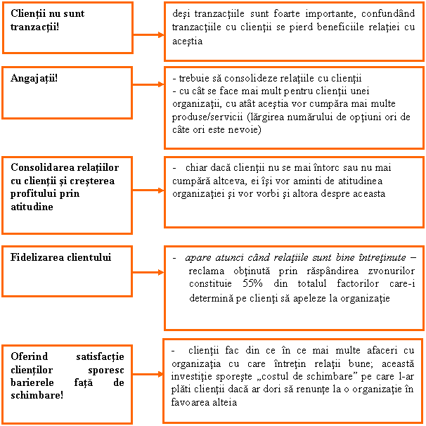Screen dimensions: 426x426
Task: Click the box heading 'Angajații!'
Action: point(34,79)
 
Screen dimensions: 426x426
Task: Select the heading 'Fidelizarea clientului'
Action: point(61,257)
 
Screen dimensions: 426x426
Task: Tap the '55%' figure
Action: point(252,283)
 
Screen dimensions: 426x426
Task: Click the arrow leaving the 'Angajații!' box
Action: point(148,84)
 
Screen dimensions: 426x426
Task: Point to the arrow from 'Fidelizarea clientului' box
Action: point(148,273)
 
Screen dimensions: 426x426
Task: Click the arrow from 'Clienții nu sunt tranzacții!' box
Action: point(148,34)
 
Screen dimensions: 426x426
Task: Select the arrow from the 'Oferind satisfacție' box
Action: point(148,375)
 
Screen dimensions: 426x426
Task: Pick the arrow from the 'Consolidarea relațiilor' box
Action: point(148,191)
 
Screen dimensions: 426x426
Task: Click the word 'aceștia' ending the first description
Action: point(188,41)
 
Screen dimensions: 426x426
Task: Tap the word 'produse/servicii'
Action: point(207,117)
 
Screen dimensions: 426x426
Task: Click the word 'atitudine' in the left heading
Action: point(32,207)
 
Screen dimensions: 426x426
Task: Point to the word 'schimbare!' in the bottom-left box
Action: point(37,395)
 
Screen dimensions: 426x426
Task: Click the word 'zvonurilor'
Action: point(392,271)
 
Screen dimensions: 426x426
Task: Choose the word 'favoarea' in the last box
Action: point(190,402)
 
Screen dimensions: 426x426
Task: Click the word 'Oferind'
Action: point(30,356)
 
